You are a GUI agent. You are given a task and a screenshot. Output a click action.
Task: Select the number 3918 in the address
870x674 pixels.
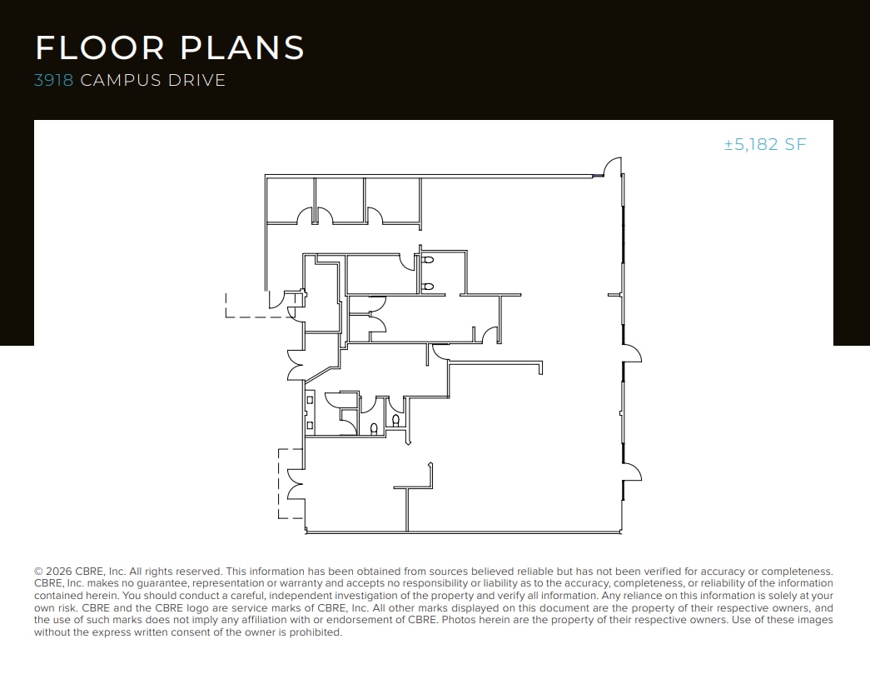[54, 81]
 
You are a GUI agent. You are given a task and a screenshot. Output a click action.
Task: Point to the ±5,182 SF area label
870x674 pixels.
[765, 144]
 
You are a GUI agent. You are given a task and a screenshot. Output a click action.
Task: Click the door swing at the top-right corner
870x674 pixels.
[613, 167]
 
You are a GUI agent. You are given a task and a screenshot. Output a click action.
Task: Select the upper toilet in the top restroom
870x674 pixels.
[428, 261]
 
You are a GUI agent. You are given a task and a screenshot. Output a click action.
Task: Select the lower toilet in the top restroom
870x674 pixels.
[428, 287]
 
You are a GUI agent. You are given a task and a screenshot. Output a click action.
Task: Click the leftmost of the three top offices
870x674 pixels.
[290, 200]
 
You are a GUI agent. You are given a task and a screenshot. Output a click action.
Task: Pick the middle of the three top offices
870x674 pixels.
[340, 200]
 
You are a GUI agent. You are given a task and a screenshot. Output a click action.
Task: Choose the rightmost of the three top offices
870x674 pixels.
[392, 200]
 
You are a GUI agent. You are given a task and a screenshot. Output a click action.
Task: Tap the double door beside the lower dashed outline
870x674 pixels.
[295, 484]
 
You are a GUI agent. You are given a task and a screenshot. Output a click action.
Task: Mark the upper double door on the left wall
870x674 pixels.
[295, 363]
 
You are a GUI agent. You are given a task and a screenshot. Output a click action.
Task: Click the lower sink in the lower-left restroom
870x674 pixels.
[310, 426]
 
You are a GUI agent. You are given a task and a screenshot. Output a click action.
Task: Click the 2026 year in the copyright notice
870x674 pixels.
[58, 572]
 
